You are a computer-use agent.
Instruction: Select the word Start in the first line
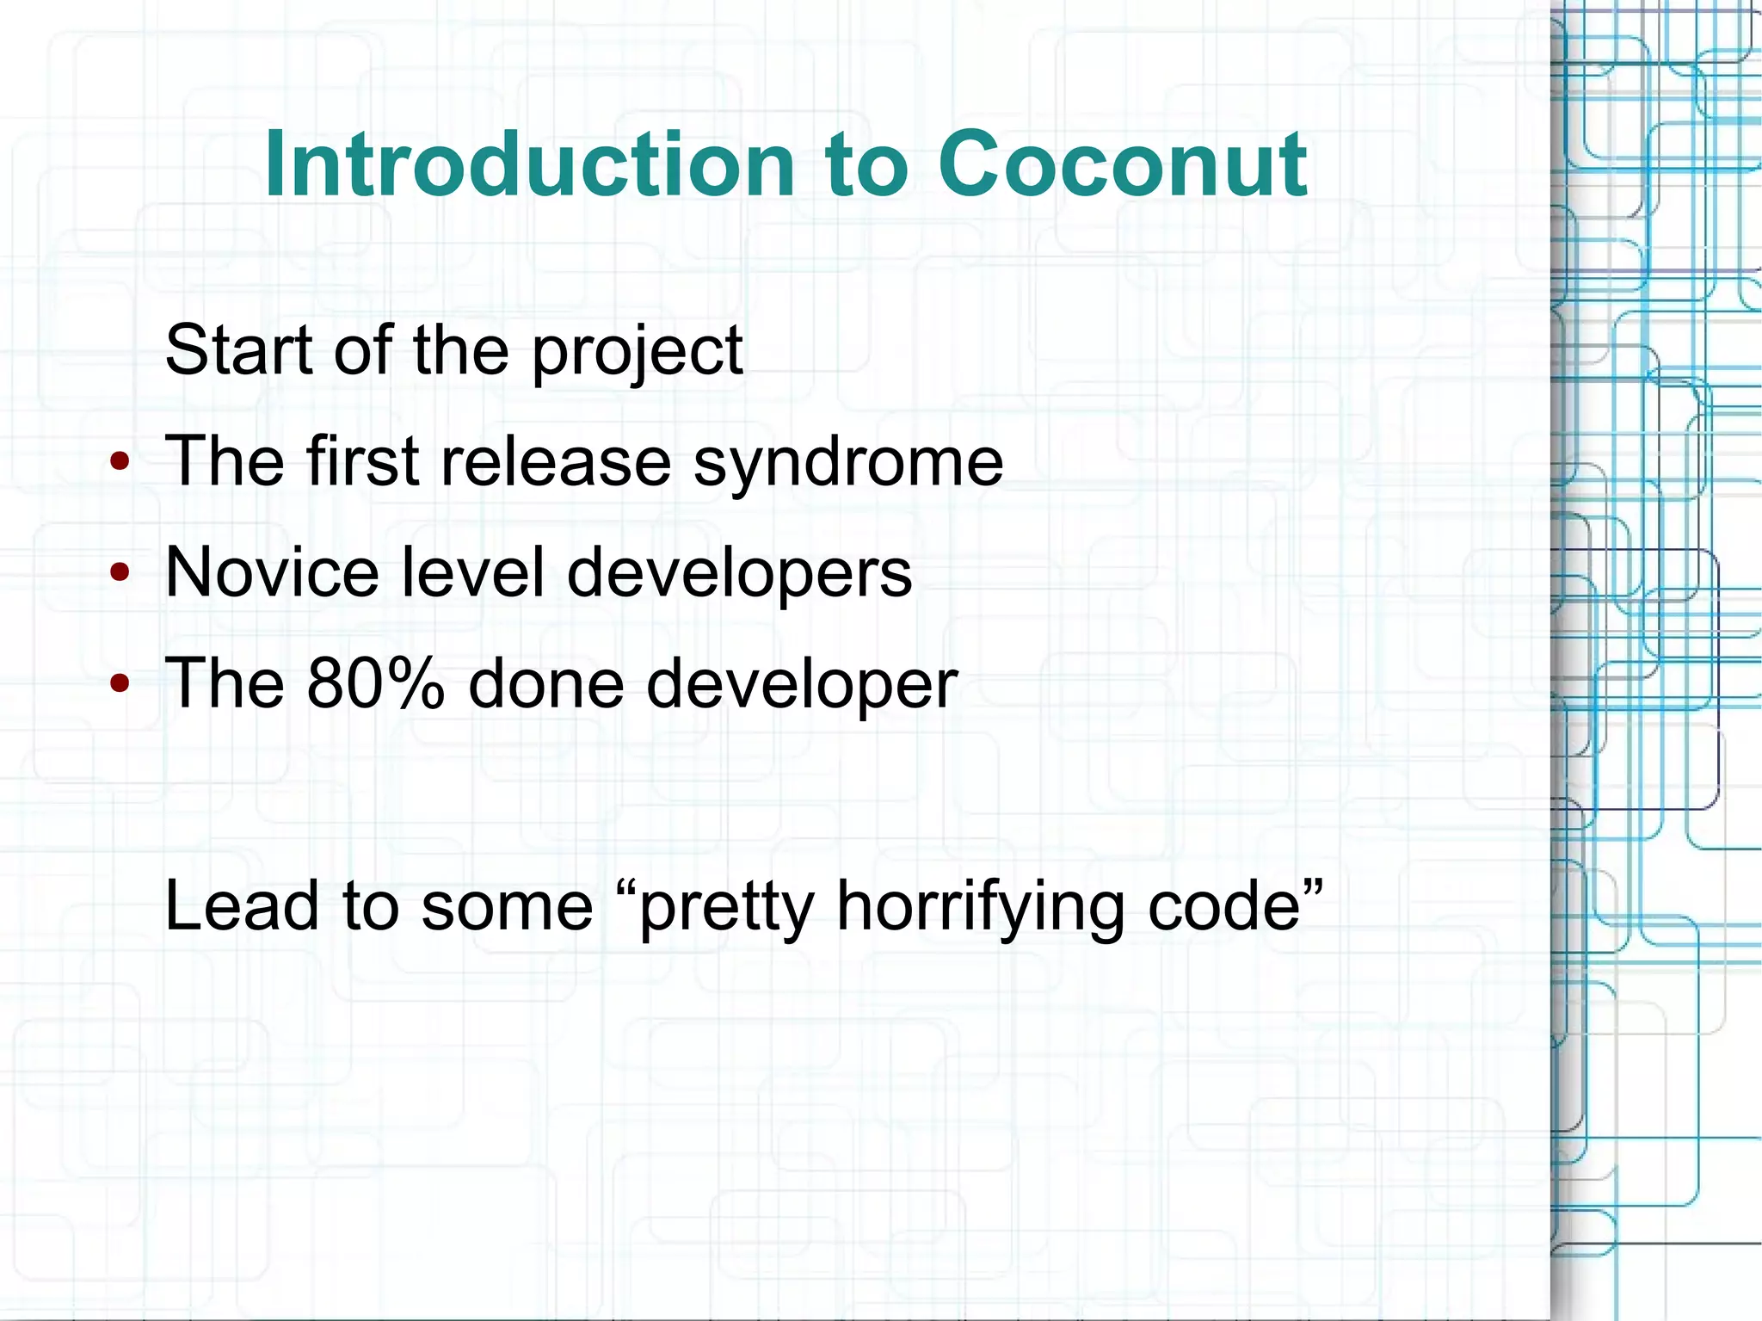coord(238,349)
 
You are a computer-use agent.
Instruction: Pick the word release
coord(555,461)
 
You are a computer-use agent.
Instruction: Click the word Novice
coord(272,572)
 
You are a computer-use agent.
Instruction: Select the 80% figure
coord(375,683)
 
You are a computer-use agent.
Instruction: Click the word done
coord(545,683)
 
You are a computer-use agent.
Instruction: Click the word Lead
coord(241,905)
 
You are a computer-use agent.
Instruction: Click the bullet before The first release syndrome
coord(120,463)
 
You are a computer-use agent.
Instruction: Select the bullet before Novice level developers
coord(120,573)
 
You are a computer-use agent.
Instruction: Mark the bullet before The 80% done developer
coord(120,684)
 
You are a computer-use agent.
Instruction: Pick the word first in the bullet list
coord(361,461)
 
